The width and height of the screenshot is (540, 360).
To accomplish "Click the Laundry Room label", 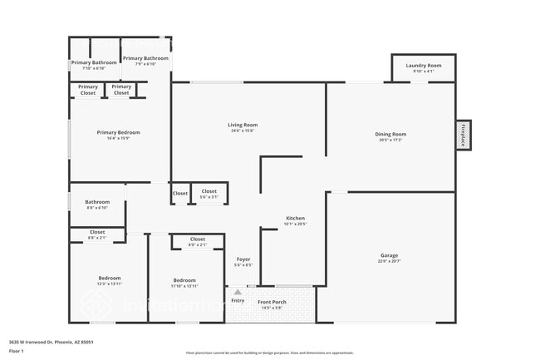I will point(423,66).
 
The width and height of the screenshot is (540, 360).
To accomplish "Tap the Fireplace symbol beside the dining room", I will point(463,135).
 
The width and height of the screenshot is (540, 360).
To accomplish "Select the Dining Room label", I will point(390,135).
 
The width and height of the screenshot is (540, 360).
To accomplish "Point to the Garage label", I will point(389,256).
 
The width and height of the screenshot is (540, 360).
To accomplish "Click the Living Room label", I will point(243,126).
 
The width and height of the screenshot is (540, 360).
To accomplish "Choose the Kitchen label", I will point(296,219).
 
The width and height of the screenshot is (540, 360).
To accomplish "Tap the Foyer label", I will point(243,259).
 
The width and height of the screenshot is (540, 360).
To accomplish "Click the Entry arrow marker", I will point(238,292).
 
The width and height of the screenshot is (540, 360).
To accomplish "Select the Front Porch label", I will point(272,303).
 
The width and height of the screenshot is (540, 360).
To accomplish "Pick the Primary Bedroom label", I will point(118,133).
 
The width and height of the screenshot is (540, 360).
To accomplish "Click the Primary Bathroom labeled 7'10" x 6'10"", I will point(94,63).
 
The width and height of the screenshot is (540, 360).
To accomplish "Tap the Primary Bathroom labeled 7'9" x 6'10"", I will point(145,59).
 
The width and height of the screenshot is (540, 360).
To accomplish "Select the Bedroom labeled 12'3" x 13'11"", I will point(110,279).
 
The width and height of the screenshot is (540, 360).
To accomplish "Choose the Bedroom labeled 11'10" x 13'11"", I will point(184,280).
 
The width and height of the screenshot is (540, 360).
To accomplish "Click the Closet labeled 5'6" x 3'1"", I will point(209,192).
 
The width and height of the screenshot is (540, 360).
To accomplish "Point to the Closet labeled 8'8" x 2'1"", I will point(97,233).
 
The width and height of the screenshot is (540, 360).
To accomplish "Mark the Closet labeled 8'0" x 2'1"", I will point(198,239).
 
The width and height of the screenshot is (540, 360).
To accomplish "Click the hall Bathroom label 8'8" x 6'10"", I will point(97,202).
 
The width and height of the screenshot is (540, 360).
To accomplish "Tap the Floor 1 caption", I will point(16,351).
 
